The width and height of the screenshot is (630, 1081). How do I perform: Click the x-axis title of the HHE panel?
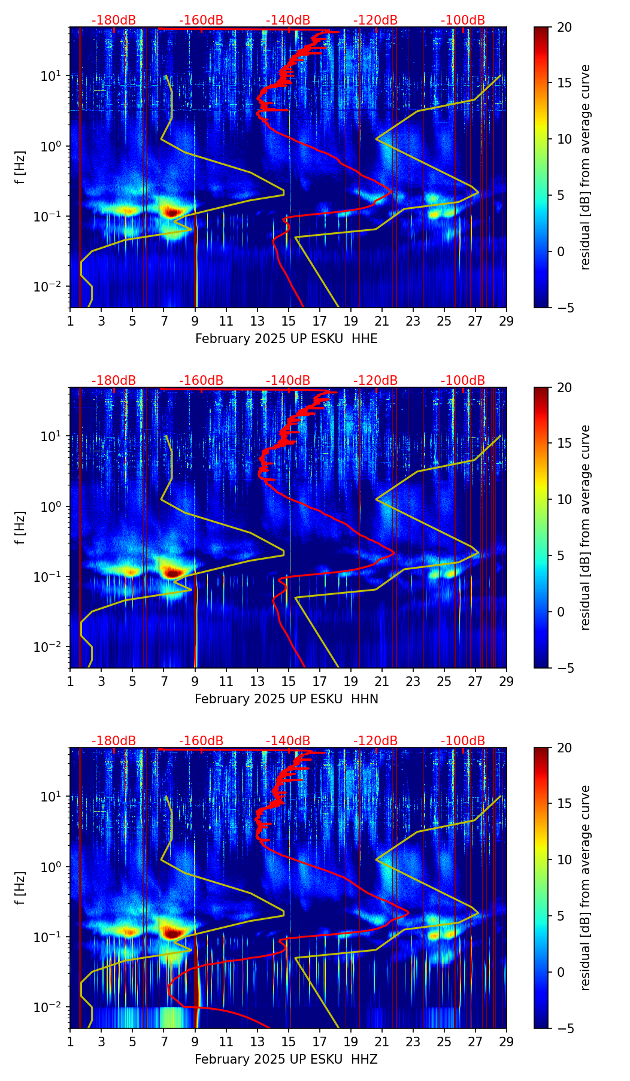[x=286, y=339]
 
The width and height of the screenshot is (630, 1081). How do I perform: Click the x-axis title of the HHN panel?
[x=286, y=699]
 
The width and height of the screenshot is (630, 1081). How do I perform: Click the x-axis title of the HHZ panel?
[x=286, y=1059]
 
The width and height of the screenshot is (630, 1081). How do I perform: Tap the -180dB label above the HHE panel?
[x=114, y=20]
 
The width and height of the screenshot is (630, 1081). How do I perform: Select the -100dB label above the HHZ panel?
[x=463, y=741]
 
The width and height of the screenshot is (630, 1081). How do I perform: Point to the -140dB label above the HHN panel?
[x=288, y=381]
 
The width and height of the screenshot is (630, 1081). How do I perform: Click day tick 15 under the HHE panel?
[x=289, y=320]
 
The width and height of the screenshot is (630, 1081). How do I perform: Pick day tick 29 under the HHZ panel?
[x=507, y=1041]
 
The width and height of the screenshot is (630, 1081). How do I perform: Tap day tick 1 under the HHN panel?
[x=70, y=681]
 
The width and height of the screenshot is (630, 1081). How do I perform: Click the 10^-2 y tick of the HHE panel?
[x=52, y=287]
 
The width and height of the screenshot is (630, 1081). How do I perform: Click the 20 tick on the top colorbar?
[x=564, y=27]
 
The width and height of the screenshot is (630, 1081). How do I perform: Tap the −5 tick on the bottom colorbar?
[x=564, y=1028]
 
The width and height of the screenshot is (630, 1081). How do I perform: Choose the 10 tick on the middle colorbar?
[x=564, y=499]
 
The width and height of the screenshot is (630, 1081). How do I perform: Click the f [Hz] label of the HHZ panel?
[x=20, y=888]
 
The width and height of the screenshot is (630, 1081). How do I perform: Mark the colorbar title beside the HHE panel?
[x=586, y=167]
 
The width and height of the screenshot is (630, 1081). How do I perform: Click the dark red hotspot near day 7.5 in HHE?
[x=172, y=212]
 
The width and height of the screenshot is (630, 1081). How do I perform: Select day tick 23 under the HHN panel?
[x=413, y=681]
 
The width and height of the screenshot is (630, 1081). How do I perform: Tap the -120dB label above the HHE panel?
[x=375, y=20]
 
